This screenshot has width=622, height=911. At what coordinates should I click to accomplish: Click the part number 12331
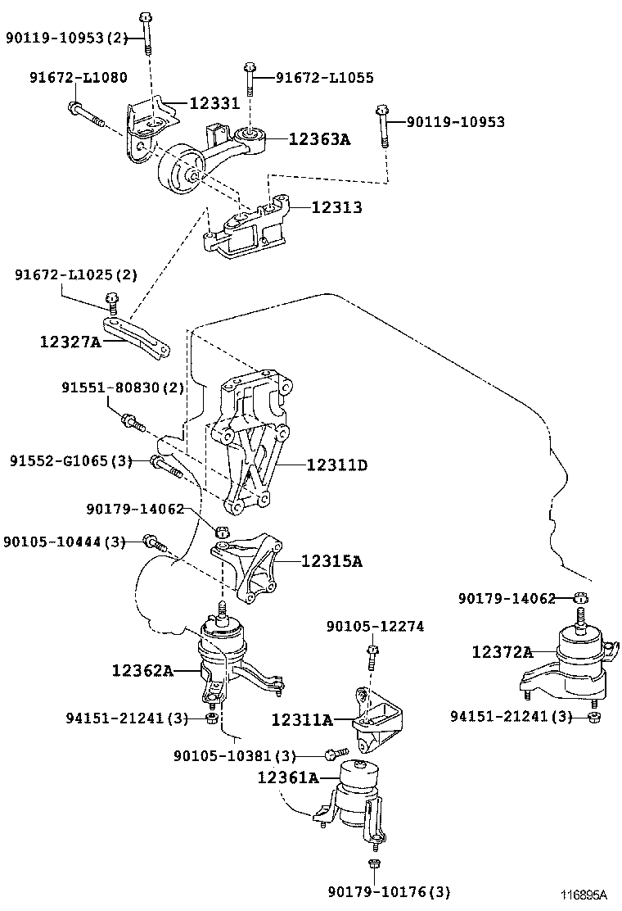point(214,103)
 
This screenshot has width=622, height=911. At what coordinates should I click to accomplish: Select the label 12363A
point(320,138)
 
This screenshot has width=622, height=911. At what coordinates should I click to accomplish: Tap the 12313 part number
point(336,206)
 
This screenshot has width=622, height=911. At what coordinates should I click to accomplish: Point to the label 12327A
point(70,341)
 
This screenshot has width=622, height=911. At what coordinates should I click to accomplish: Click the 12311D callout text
point(337,465)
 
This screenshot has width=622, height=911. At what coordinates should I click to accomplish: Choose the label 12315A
point(331,560)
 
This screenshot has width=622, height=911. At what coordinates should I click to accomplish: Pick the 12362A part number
point(142,670)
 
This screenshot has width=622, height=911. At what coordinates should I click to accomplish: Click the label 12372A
point(503,652)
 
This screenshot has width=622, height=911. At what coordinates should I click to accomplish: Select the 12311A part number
point(302,720)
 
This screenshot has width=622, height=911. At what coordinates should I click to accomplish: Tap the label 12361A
point(288,777)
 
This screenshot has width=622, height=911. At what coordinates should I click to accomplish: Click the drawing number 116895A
point(583,894)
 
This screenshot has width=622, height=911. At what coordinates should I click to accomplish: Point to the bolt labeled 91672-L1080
point(87,115)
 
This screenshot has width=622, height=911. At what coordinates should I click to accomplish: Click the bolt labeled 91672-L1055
point(250,79)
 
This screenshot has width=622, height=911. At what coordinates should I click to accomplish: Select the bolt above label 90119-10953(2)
point(146,32)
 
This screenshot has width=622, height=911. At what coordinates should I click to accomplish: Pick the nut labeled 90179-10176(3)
point(374,864)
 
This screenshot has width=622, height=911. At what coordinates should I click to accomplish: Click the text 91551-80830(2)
point(123,388)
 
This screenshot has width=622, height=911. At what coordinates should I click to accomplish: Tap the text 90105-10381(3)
point(234,756)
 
